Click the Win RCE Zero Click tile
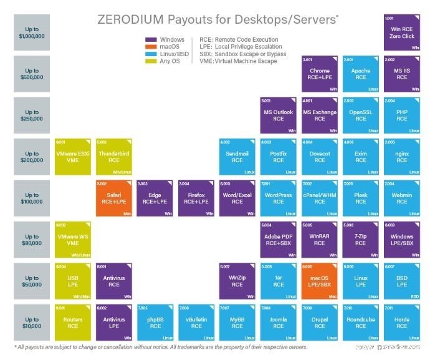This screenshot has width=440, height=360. [402, 32]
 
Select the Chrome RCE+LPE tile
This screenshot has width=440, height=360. [320, 74]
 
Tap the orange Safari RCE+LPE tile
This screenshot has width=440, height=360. [113, 198]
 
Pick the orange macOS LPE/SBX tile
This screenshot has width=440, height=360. [320, 281]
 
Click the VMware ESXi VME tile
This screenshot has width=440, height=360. [72, 157]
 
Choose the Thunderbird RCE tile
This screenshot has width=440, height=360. [113, 157]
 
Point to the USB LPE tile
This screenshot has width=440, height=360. [72, 281]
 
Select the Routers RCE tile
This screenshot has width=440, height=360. [72, 322]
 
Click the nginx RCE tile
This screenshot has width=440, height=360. [402, 157]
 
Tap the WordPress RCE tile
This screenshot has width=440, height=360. [279, 198]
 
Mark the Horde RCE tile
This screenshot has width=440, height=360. [402, 322]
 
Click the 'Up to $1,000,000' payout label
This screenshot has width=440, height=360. [31, 32]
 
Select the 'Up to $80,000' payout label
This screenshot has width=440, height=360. [31, 240]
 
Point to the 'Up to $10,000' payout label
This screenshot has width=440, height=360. [31, 322]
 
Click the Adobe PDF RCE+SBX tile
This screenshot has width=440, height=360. [279, 240]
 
